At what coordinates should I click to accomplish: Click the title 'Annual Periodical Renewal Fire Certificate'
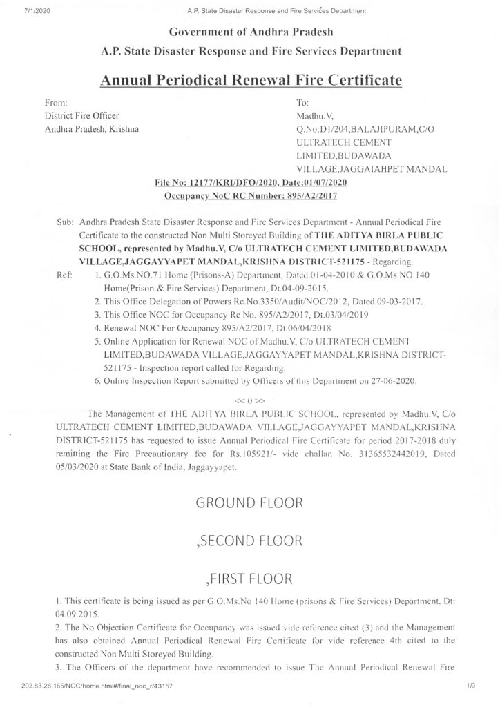coord(250,80)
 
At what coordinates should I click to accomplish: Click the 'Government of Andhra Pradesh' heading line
coord(249,32)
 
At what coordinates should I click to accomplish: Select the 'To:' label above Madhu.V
coord(302,102)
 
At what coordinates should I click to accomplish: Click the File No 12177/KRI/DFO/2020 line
coord(249,182)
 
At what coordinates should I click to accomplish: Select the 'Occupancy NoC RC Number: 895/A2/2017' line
coord(249,196)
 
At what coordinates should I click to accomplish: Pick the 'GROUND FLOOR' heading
coord(249,503)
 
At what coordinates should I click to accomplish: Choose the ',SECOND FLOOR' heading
coord(249,541)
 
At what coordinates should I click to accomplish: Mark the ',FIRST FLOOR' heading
coord(249,578)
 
